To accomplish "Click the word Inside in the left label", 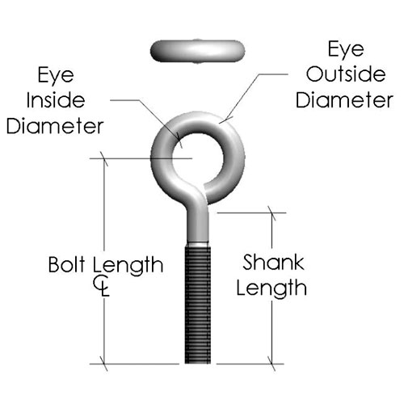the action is click(x=56, y=100).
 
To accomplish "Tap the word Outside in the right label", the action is click(x=346, y=74).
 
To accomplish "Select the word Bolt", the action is click(x=67, y=264).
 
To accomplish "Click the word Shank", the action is click(x=273, y=262).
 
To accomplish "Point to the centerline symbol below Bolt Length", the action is click(x=101, y=285).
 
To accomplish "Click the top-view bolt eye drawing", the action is click(x=198, y=51).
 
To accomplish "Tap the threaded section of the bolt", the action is click(x=198, y=305).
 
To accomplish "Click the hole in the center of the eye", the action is click(x=198, y=158).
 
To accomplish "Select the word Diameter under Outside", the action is click(x=344, y=100).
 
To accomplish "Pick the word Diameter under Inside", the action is click(x=55, y=126).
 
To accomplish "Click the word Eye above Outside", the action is click(x=346, y=50).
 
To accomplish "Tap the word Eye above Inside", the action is click(x=56, y=76).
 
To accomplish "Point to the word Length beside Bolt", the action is click(x=128, y=266).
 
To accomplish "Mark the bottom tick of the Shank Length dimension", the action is click(x=271, y=364).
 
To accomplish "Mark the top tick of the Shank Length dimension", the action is click(x=271, y=213).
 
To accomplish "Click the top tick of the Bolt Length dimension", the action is click(x=104, y=159).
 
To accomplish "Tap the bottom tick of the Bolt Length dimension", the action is click(x=104, y=364).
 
